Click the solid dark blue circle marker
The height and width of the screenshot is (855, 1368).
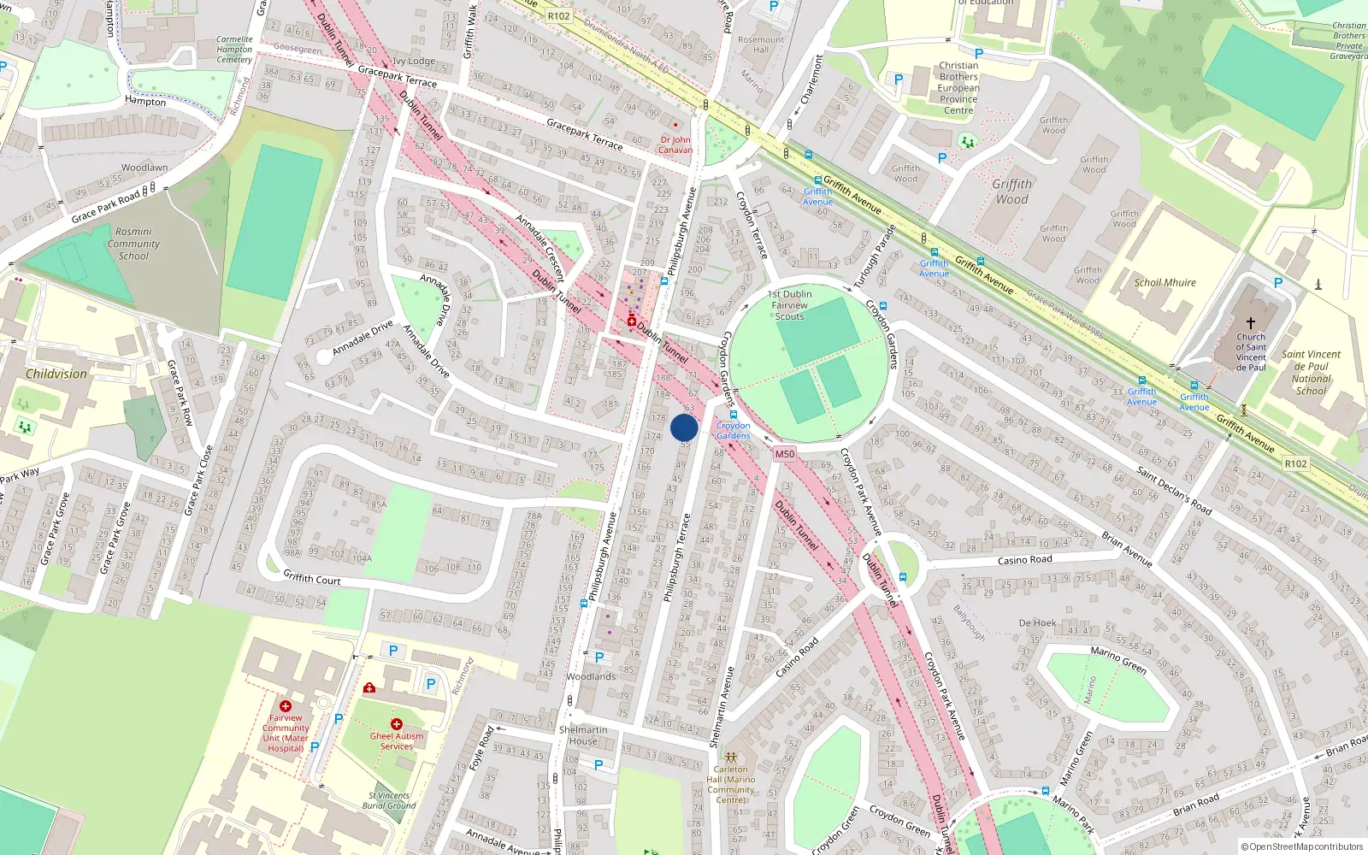click(x=684, y=427)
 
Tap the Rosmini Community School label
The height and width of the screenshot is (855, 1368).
click(x=133, y=244)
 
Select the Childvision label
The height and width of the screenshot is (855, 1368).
click(x=56, y=374)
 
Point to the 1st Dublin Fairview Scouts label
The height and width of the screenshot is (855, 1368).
click(x=790, y=305)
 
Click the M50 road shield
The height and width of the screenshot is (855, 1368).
click(x=784, y=454)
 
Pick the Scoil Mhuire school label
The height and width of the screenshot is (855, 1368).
click(x=1165, y=283)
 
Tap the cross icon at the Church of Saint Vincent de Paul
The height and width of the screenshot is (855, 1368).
click(x=1250, y=323)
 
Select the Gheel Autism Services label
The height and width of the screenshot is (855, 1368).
click(x=397, y=740)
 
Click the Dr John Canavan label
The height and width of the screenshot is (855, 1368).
click(x=675, y=144)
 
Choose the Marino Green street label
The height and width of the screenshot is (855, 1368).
click(x=1118, y=660)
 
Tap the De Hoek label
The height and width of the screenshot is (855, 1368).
click(x=1037, y=623)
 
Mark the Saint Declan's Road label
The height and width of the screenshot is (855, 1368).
click(x=1174, y=490)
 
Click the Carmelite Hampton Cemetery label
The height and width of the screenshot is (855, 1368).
click(x=234, y=50)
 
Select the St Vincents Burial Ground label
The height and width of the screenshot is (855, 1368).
click(x=389, y=800)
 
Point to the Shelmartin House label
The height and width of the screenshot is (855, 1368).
click(x=583, y=735)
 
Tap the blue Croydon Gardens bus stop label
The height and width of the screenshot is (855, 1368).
click(x=733, y=430)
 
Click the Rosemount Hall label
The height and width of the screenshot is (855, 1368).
click(x=761, y=44)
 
